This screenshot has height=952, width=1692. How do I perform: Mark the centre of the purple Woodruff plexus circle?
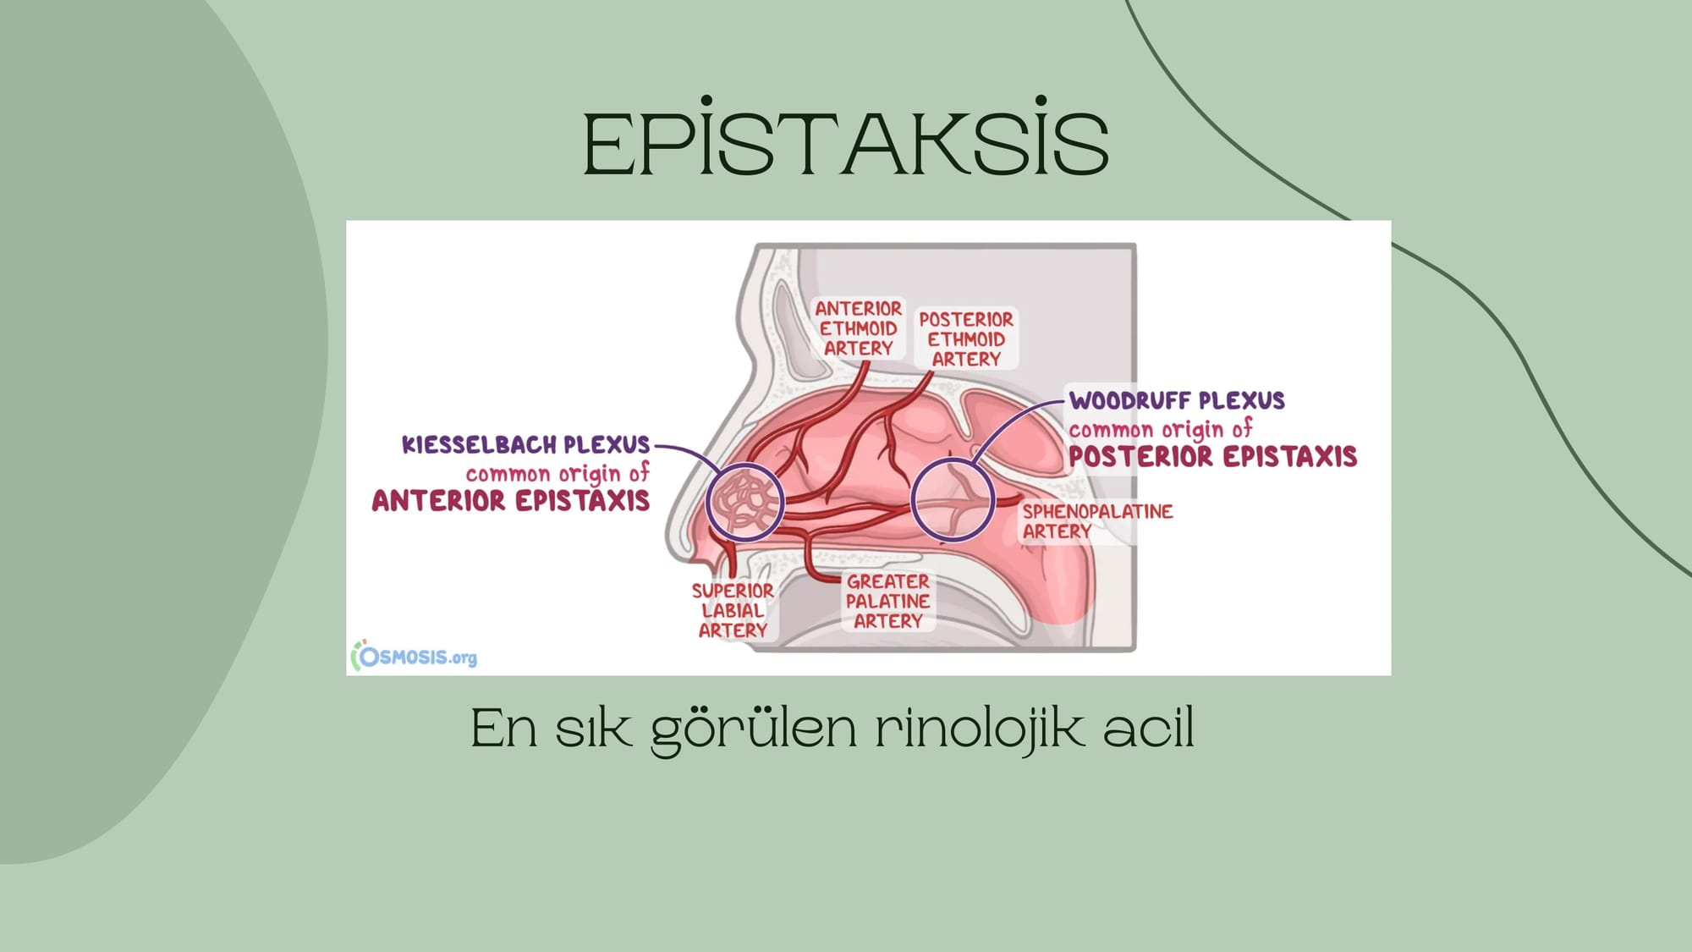[953, 500]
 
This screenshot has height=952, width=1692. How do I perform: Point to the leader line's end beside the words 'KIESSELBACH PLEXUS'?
[656, 446]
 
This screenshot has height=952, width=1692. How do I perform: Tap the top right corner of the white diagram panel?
[1391, 221]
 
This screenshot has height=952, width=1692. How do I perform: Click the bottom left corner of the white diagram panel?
[347, 674]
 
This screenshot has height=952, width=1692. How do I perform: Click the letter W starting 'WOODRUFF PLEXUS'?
[1081, 400]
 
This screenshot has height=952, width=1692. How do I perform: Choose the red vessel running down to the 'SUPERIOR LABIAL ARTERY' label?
[729, 559]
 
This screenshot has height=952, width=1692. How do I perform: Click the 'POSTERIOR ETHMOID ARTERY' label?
[966, 338]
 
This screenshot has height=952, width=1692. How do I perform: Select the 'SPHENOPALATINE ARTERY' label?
[1097, 521]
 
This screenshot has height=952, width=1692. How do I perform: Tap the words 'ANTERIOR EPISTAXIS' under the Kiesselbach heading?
[511, 500]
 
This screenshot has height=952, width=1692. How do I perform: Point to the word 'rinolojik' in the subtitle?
[979, 728]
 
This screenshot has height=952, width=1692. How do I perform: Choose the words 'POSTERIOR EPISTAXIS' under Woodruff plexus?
[1212, 456]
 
